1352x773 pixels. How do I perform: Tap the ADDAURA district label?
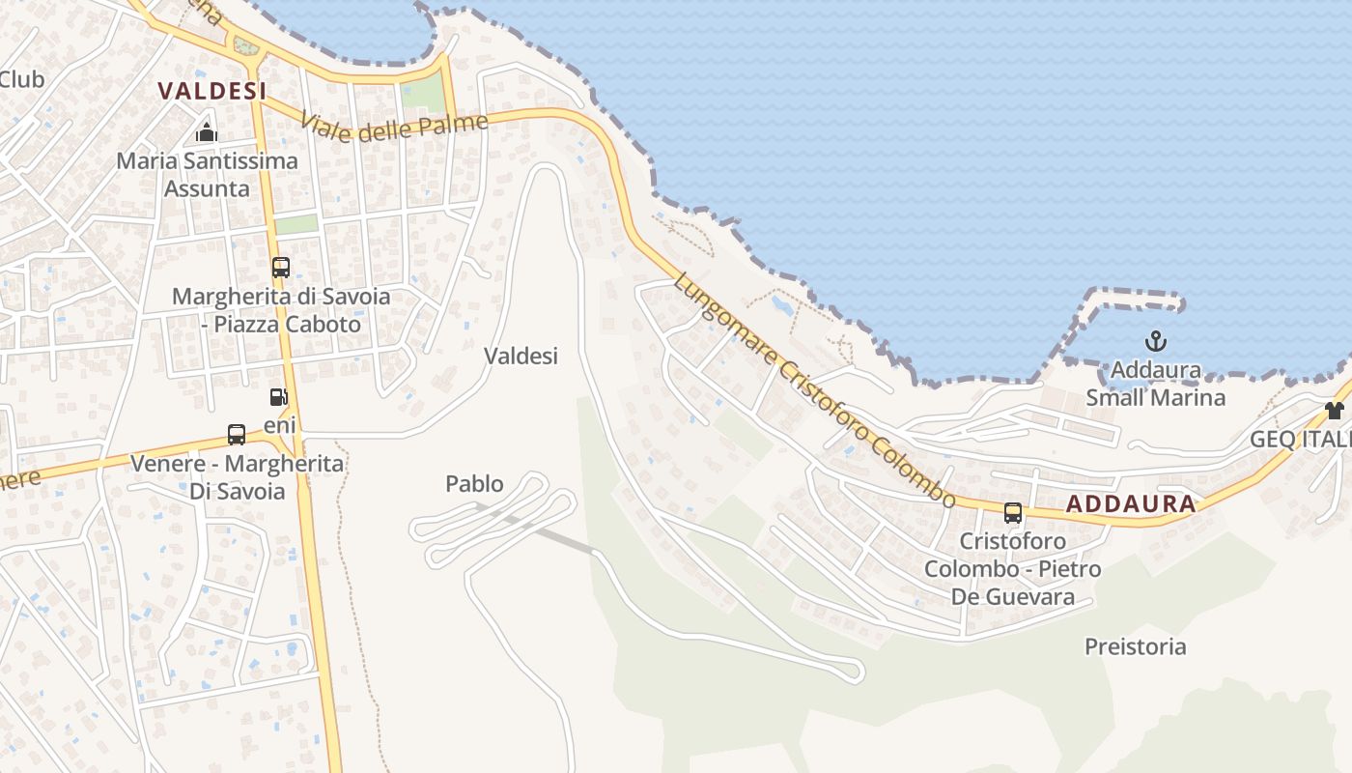click(x=1132, y=503)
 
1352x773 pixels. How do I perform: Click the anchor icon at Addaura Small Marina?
click(x=1155, y=341)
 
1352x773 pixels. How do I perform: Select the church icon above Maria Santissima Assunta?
click(x=206, y=132)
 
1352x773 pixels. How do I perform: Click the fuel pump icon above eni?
click(x=278, y=397)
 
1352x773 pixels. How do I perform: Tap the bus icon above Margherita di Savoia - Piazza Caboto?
click(x=280, y=268)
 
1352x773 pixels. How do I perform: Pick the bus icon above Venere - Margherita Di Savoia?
click(x=237, y=434)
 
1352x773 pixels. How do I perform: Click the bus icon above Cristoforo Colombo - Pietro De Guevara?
click(x=1012, y=513)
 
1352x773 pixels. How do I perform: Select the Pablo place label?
click(x=474, y=483)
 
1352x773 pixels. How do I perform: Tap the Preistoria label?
click(x=1135, y=646)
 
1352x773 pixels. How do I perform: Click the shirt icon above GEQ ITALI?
click(x=1335, y=411)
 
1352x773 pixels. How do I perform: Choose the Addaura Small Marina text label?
click(x=1155, y=384)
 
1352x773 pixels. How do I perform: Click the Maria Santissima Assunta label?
click(x=207, y=174)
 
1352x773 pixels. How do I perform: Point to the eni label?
click(x=280, y=425)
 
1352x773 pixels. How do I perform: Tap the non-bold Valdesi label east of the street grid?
click(x=521, y=356)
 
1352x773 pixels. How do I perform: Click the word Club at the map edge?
click(x=21, y=79)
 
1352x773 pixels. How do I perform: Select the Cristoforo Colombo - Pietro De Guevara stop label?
click(x=1012, y=568)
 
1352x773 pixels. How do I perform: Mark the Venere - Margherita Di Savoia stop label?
click(x=237, y=477)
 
